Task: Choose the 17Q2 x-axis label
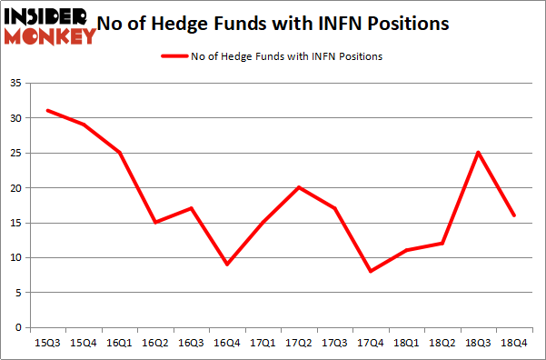coord(298,343)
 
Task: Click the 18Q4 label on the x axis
coord(513,343)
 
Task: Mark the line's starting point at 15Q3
coord(46,111)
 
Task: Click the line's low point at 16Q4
coord(226,265)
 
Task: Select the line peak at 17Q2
coord(298,187)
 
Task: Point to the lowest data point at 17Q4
coord(370,271)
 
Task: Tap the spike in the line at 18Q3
coord(478,153)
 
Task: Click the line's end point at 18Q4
coord(513,215)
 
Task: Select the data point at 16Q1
coord(118,153)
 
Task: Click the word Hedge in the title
coord(211,24)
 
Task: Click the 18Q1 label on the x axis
coord(406,343)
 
